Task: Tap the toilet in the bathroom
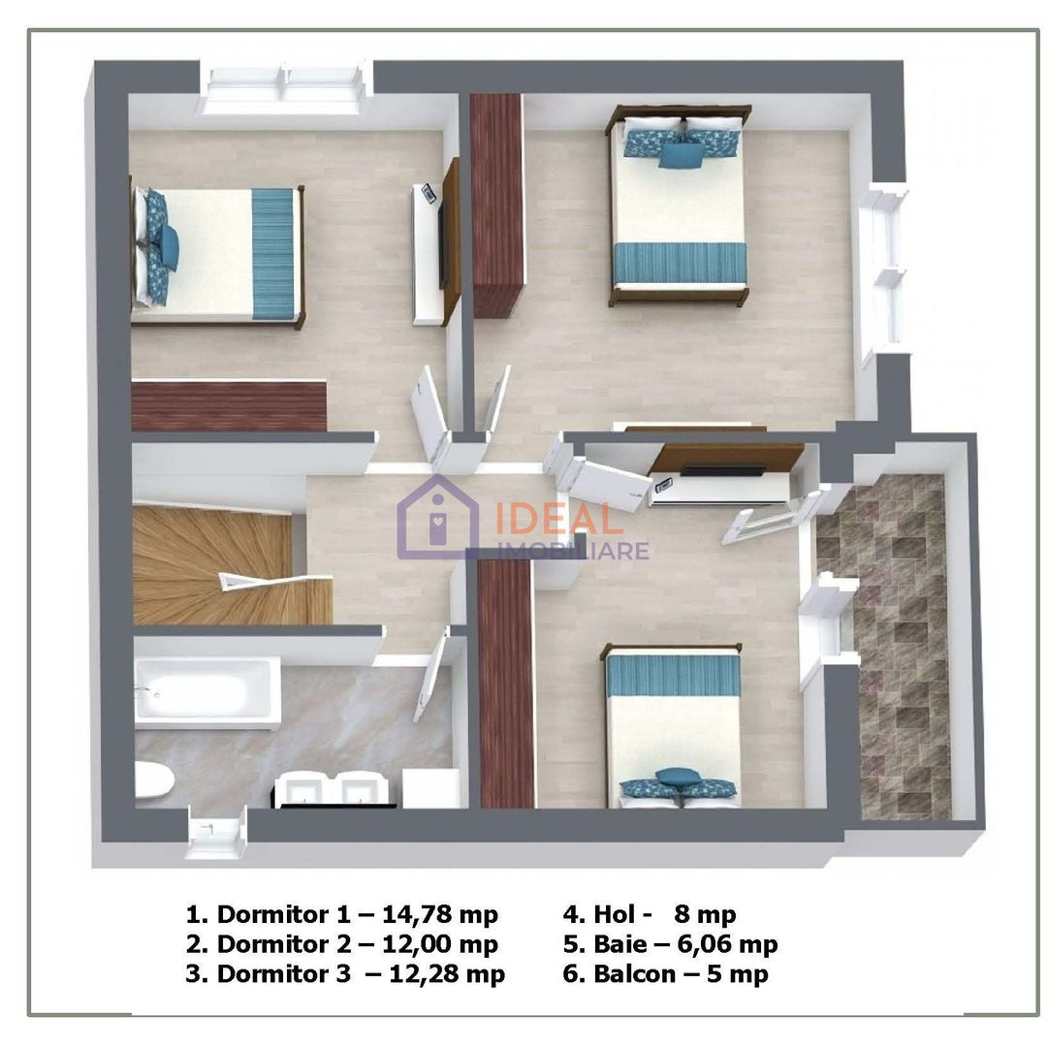click(x=151, y=781)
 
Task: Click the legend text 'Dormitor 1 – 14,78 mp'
click(x=341, y=913)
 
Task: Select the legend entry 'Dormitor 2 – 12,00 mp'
click(x=341, y=943)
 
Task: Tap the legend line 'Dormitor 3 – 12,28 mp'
click(x=345, y=973)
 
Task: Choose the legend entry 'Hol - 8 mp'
click(x=650, y=913)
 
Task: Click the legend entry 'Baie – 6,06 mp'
click(x=670, y=943)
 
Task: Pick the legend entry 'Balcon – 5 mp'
click(x=666, y=973)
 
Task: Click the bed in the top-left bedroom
click(x=219, y=254)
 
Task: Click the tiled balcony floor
click(x=897, y=650)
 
